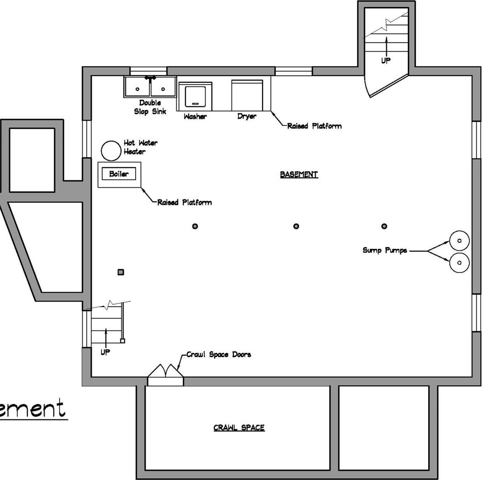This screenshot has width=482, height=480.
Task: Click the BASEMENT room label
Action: tap(299, 174)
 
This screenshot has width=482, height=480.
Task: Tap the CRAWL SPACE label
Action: tap(239, 428)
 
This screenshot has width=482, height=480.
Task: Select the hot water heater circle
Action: tap(111, 151)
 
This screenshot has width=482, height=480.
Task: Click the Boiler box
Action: tap(119, 174)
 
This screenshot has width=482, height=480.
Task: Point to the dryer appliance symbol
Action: tap(247, 95)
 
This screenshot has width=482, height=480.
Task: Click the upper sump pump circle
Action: tap(459, 241)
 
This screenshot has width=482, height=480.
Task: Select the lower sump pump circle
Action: tap(459, 263)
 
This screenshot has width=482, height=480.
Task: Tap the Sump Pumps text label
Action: tap(385, 250)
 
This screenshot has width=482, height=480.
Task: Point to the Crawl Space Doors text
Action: tap(219, 354)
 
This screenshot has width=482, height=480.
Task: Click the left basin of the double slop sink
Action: tap(137, 88)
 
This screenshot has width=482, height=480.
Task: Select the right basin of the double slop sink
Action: tap(163, 88)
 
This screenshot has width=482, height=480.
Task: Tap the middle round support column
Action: tap(296, 226)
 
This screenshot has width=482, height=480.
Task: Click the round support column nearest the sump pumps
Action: tap(384, 226)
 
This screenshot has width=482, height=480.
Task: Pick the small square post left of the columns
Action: tap(121, 272)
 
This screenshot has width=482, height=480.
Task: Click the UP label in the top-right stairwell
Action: tap(386, 60)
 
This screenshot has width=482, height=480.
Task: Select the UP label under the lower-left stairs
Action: tap(105, 352)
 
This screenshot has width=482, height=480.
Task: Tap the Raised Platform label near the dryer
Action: tap(314, 126)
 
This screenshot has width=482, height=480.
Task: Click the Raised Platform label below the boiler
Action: tap(184, 202)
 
